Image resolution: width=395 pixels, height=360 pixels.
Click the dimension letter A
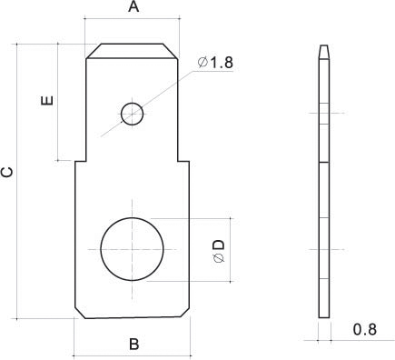133,6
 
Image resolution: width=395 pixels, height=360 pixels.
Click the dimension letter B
134,345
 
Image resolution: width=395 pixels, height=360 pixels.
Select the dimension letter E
47,100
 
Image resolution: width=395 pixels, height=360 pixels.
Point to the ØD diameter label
219,251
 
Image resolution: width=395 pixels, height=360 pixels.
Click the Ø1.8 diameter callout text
215,63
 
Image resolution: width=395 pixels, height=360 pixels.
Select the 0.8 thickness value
365,329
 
